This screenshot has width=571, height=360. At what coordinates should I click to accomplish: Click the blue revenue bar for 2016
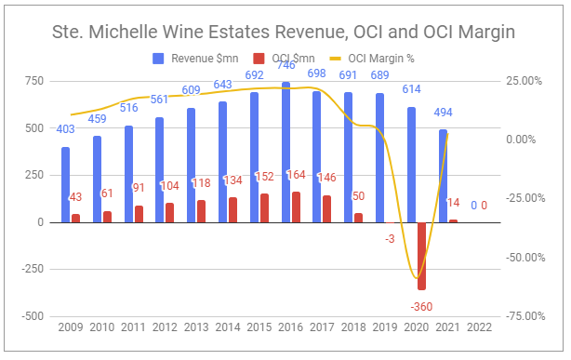[x=286, y=153]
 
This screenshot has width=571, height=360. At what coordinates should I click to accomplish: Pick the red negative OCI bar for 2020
[x=422, y=256]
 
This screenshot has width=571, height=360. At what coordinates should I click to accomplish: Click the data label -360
[x=423, y=306]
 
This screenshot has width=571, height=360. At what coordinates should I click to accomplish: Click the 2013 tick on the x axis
[x=198, y=328]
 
